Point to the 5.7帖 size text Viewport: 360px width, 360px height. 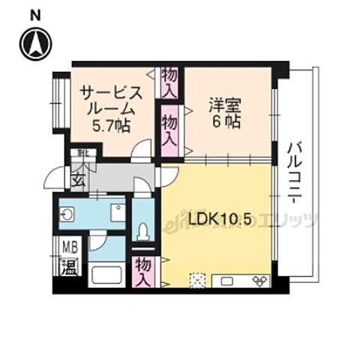point(109,126)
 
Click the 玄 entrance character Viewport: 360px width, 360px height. point(78,180)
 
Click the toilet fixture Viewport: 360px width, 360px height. point(143,228)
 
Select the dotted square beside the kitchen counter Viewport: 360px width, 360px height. point(197,280)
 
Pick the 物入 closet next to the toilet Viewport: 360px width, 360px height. point(144,270)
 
